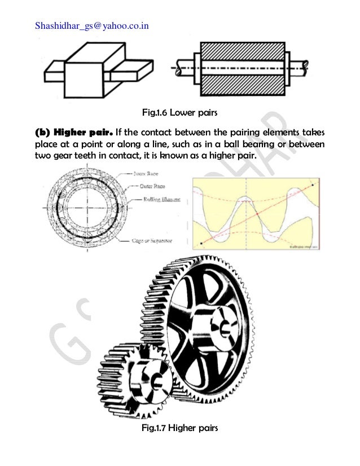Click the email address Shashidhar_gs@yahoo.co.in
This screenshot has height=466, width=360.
tap(92, 25)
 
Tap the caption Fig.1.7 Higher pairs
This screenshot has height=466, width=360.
tap(179, 428)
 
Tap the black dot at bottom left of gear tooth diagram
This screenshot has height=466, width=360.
tap(201, 244)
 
